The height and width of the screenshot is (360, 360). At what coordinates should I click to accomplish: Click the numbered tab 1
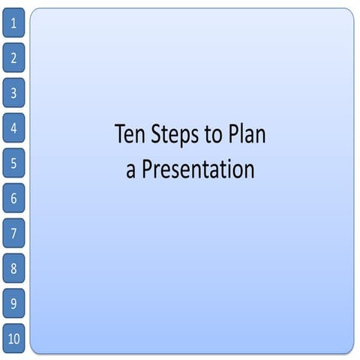pyautogui.click(x=13, y=23)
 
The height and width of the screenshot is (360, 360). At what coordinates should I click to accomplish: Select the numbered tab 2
pyautogui.click(x=13, y=58)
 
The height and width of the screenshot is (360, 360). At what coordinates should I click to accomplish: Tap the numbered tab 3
pyautogui.click(x=13, y=93)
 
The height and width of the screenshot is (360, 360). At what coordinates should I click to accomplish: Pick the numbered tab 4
pyautogui.click(x=13, y=127)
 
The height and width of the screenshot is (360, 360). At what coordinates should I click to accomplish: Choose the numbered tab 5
pyautogui.click(x=13, y=163)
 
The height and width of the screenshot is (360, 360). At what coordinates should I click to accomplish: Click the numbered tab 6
pyautogui.click(x=13, y=198)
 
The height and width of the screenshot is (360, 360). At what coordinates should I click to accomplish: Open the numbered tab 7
pyautogui.click(x=13, y=233)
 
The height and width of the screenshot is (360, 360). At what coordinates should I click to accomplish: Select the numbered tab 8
pyautogui.click(x=13, y=268)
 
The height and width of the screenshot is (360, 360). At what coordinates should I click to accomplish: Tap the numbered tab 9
pyautogui.click(x=13, y=303)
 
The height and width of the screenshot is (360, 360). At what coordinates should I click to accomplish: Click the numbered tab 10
pyautogui.click(x=13, y=338)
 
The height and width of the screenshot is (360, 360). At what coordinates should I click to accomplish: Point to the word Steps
pyautogui.click(x=175, y=136)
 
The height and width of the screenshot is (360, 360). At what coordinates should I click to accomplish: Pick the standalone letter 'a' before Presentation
pyautogui.click(x=130, y=171)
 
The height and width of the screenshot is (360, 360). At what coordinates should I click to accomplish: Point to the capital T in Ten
pyautogui.click(x=120, y=135)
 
